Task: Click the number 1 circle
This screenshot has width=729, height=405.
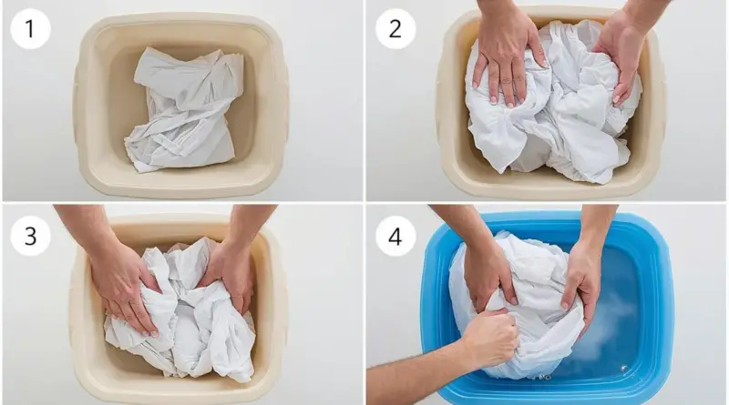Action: pyautogui.click(x=30, y=29)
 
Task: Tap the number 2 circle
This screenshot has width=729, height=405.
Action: pyautogui.click(x=395, y=29)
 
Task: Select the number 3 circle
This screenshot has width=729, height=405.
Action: pyautogui.click(x=30, y=236)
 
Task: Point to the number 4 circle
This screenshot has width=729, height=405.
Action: pyautogui.click(x=395, y=236)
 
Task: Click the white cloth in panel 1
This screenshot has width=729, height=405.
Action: pyautogui.click(x=184, y=109)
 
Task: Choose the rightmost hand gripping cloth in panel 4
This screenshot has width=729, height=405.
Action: pyautogui.click(x=579, y=283)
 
